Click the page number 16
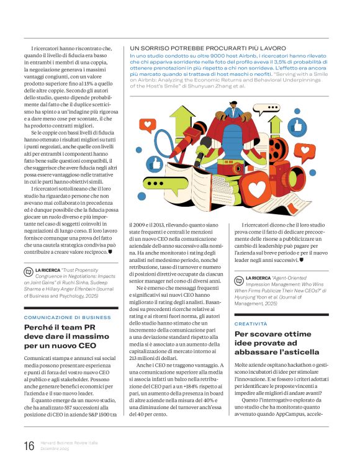[x=29, y=444]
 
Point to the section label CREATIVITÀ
[x=250, y=324]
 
